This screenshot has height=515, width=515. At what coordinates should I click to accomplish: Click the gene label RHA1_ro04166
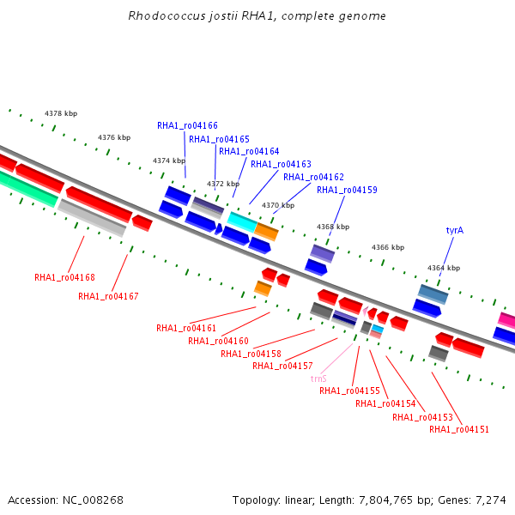(187, 125)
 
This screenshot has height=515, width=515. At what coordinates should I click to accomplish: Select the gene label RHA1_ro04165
(219, 139)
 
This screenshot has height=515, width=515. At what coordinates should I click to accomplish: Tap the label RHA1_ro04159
(347, 190)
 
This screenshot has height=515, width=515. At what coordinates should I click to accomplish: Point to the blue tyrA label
(455, 230)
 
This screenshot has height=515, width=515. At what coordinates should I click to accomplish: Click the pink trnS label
(318, 379)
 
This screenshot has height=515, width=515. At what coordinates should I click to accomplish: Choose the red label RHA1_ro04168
(64, 277)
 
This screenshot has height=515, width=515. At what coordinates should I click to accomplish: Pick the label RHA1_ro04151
(459, 429)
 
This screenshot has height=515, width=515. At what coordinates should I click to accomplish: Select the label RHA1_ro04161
(186, 328)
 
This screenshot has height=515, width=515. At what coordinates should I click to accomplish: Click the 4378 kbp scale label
(61, 113)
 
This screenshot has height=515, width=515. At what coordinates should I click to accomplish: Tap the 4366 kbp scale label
(388, 247)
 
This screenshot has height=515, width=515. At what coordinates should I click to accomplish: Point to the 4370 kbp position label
(278, 205)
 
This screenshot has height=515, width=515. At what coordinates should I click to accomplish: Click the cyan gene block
(242, 222)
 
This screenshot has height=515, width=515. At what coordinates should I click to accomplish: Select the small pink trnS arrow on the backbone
(366, 311)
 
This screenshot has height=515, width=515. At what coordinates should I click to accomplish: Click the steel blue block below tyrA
(433, 294)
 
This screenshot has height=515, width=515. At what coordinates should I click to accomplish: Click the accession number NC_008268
(93, 500)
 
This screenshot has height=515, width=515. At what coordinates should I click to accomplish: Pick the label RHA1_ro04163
(281, 164)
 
